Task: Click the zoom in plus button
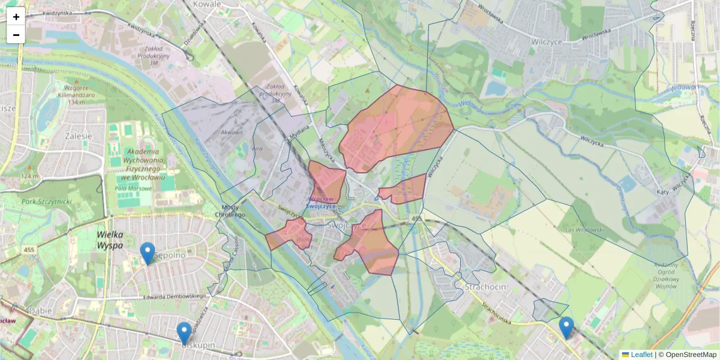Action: coord(16,17)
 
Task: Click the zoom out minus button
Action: coord(16,35)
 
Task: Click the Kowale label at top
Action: coord(207,4)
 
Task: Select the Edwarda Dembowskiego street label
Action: coord(175,296)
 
